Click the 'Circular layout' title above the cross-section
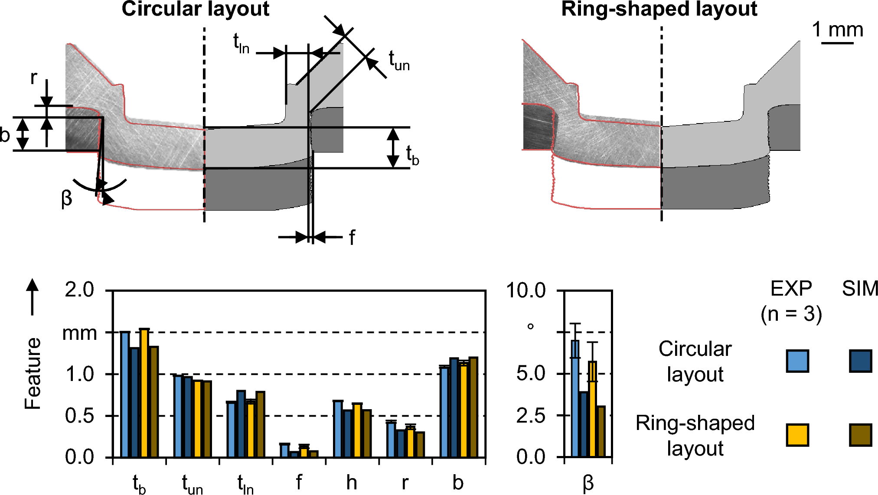[195, 9]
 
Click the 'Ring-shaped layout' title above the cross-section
[659, 9]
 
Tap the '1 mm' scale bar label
[837, 30]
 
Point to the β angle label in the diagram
[66, 199]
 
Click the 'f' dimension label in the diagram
[352, 238]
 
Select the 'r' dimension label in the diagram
[34, 78]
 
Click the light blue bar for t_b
[125, 394]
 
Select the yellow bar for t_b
[144, 393]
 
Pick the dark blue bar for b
[454, 407]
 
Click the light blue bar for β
[575, 398]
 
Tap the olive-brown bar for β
[601, 431]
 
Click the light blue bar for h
[338, 429]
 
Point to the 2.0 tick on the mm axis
[79, 290]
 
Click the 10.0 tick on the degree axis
[525, 290]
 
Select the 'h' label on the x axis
[352, 482]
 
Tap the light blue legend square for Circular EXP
[797, 361]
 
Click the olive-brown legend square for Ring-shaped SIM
[860, 435]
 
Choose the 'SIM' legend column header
[860, 289]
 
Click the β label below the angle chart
[588, 483]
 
